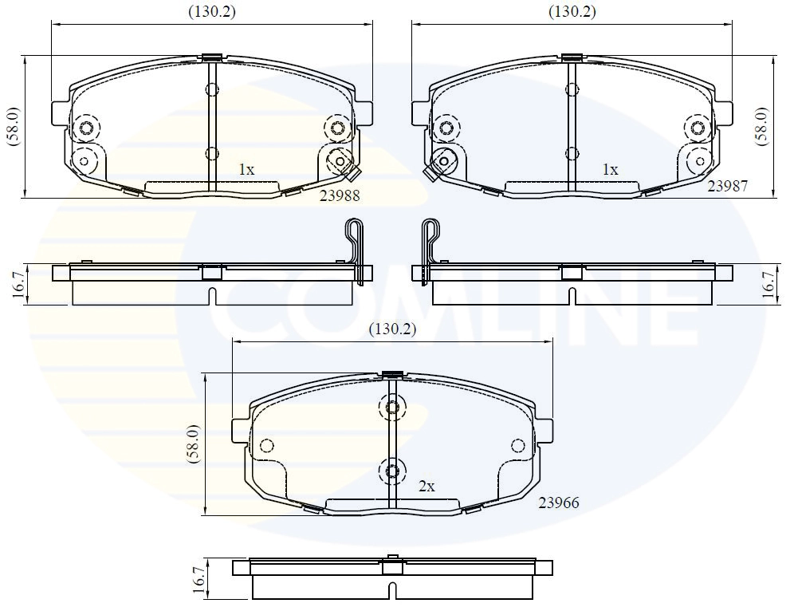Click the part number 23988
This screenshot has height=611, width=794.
[x=339, y=196]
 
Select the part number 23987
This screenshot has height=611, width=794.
[x=729, y=185]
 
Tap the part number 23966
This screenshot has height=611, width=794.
[x=558, y=503]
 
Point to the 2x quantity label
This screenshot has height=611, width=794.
[x=426, y=485]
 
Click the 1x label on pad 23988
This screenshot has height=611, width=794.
[x=246, y=169]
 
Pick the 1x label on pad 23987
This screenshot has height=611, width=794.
[x=610, y=169]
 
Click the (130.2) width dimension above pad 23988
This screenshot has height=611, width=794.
[x=211, y=11]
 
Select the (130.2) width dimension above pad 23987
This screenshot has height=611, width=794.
[x=572, y=11]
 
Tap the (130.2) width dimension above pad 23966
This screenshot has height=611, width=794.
[x=391, y=329]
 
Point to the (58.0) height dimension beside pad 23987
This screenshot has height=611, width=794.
[x=762, y=126]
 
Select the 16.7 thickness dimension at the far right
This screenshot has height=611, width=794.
[x=768, y=284]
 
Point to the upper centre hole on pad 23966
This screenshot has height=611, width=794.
[x=391, y=408]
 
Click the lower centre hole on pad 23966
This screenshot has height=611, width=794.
[x=391, y=471]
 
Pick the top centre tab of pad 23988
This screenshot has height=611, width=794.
[x=211, y=57]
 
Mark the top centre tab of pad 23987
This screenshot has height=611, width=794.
[x=571, y=57]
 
